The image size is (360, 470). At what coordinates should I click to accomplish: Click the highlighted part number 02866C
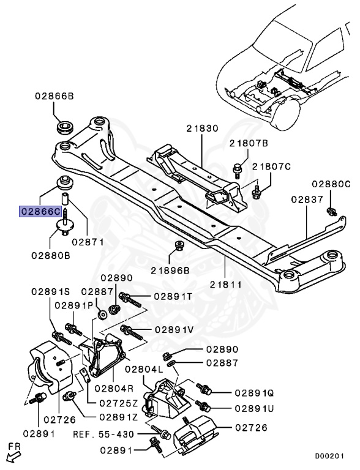[41, 211]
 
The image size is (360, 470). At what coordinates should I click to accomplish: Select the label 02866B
[54, 97]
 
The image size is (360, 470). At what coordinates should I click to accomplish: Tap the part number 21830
[203, 129]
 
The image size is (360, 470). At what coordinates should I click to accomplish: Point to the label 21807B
[249, 143]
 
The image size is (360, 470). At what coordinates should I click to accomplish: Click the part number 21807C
[272, 166]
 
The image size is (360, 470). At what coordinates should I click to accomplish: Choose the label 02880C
[331, 184]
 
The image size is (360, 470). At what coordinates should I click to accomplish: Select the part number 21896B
[173, 269]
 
